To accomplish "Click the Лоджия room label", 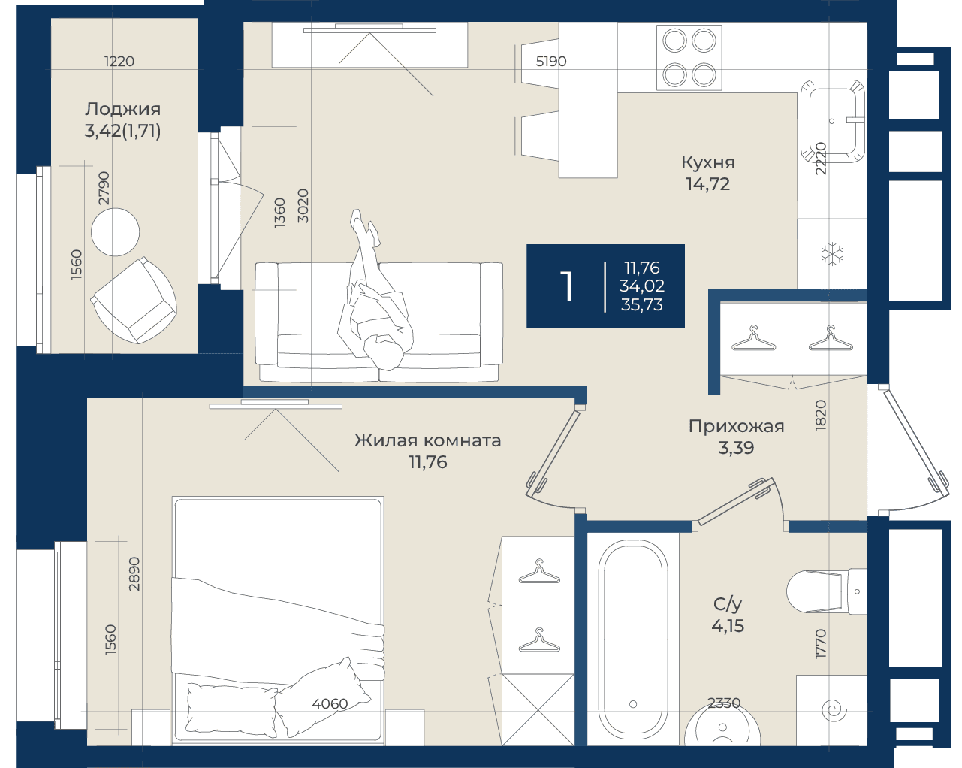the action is (x=123, y=109).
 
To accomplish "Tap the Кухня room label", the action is (x=708, y=162).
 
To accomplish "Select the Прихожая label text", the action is (x=736, y=426).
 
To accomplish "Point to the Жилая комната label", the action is (x=428, y=440).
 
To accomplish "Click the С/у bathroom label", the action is (x=728, y=605).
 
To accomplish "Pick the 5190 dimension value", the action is (x=551, y=61).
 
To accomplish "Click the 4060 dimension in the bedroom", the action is (x=330, y=703).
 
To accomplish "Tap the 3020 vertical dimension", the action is (x=303, y=206).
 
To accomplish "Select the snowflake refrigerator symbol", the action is (x=832, y=254).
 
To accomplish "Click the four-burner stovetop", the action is (x=689, y=58).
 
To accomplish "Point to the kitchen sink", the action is (x=832, y=121).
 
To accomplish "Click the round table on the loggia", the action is (x=116, y=232).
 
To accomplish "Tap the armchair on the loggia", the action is (x=134, y=301).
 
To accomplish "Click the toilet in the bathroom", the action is (x=827, y=591).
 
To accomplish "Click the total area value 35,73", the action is (x=641, y=304).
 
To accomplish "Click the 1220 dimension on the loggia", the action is (x=119, y=61).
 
